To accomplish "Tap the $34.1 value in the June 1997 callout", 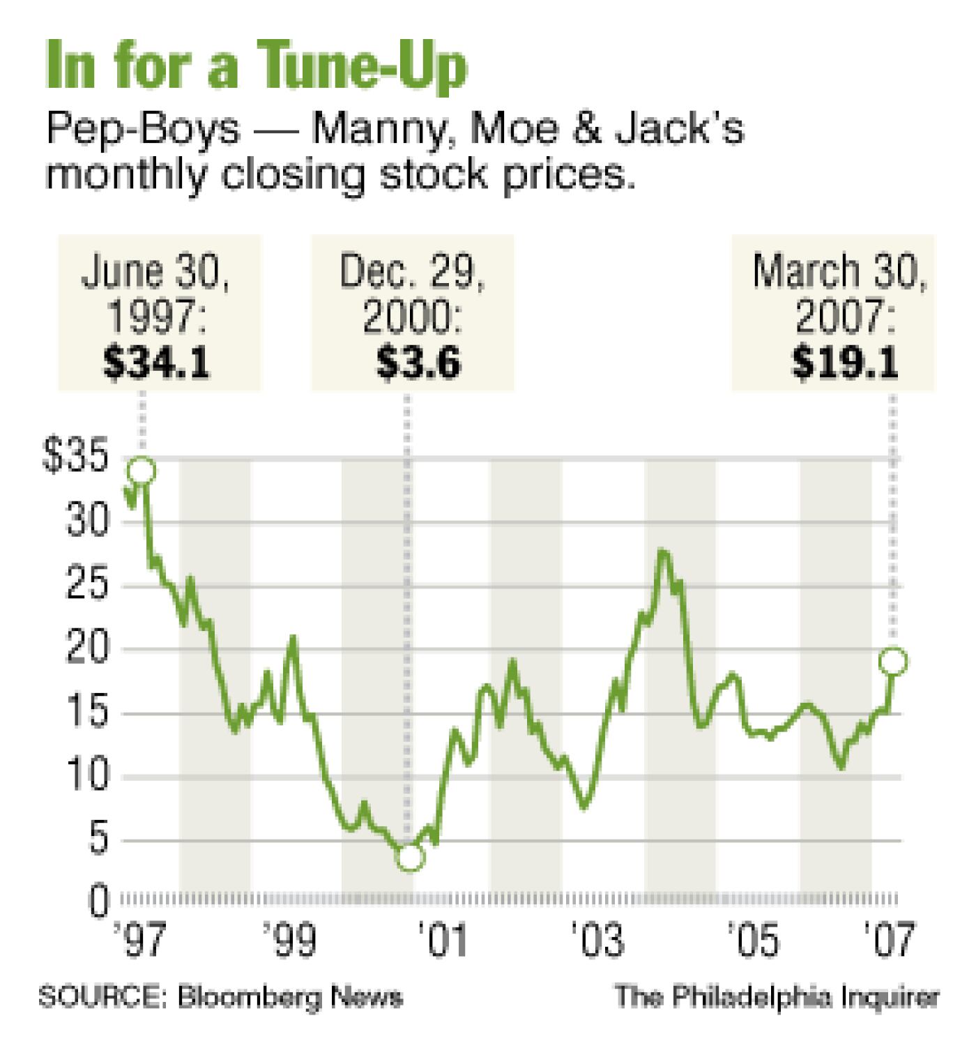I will pos(157,363).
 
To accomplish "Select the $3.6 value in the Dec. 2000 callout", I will pos(419,363).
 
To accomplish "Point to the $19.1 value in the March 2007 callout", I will pos(845,363).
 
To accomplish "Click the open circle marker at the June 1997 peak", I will pos(142,471).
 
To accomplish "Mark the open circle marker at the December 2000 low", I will pos(410,857).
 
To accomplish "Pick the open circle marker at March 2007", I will pos(893,661).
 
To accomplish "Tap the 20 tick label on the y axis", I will pos(88,649).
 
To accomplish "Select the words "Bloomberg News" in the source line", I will pos(290,996).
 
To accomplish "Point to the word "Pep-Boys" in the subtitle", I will pos(143,130).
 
